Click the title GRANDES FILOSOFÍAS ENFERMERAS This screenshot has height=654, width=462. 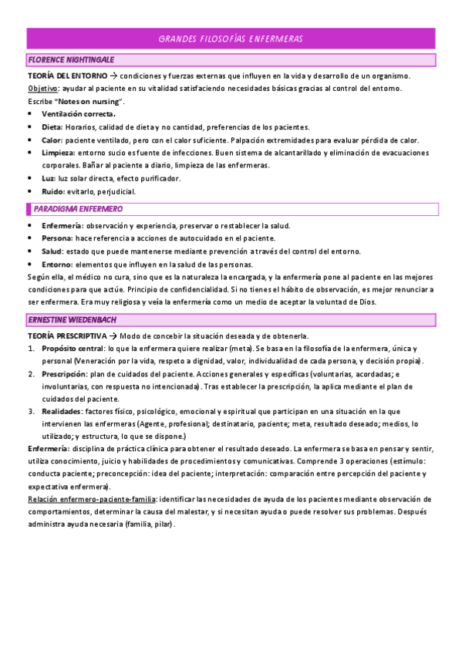click(231, 39)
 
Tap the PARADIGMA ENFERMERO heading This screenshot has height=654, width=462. click(78, 209)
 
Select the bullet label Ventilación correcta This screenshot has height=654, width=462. click(78, 114)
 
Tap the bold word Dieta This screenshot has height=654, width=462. click(52, 127)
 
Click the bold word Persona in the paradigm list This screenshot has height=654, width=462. click(59, 238)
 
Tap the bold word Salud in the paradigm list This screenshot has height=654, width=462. click(52, 251)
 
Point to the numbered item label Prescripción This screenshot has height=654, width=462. click(68, 374)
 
